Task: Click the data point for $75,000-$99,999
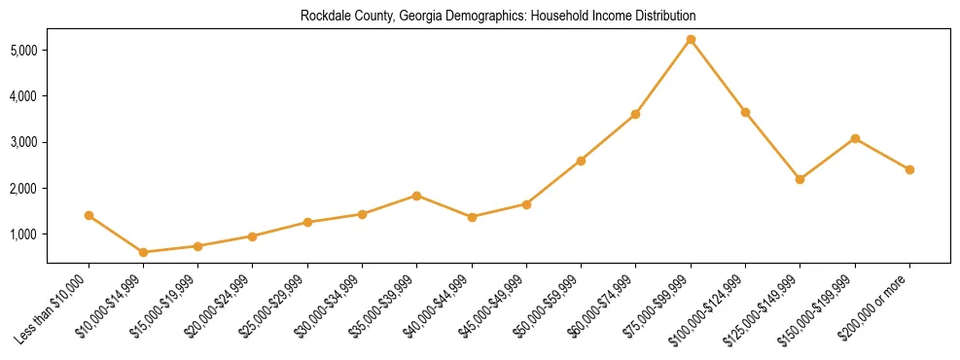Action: (x=691, y=40)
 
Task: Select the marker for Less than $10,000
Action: (x=89, y=215)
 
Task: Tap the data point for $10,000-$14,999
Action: (x=143, y=252)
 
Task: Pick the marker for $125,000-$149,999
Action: (x=800, y=179)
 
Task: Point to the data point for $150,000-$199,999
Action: (x=855, y=138)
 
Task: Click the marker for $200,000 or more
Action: (x=909, y=169)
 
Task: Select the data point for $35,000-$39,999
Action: (x=417, y=196)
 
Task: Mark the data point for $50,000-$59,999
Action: (x=581, y=161)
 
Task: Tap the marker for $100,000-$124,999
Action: (x=745, y=112)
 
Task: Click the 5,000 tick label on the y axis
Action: (x=24, y=50)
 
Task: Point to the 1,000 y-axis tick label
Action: (x=24, y=234)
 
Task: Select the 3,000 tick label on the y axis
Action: (x=24, y=142)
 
